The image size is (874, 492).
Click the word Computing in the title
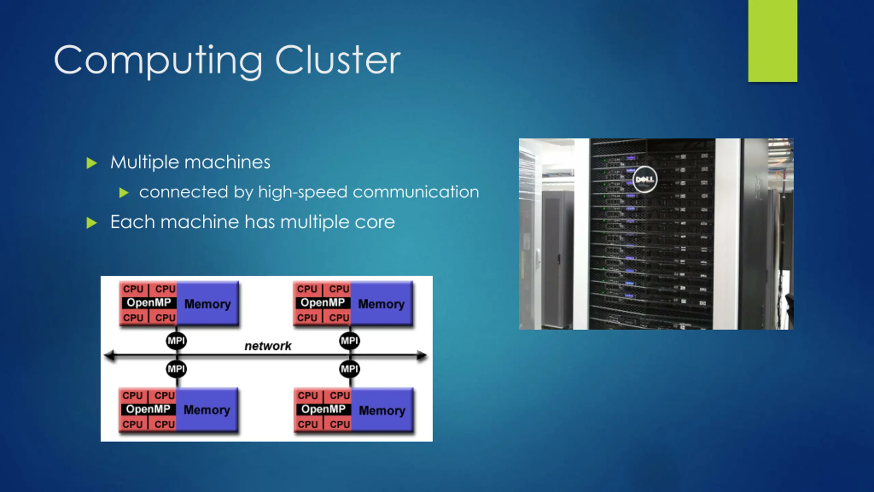point(158,61)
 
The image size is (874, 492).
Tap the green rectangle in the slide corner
point(773,41)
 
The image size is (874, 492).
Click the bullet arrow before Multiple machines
point(91,163)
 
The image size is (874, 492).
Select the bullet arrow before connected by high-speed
point(124,193)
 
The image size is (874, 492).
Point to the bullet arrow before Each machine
point(91,223)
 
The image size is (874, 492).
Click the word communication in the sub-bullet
point(416,192)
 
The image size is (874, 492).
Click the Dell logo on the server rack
point(645,179)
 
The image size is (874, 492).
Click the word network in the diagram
point(268,346)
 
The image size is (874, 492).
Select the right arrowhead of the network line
point(422,356)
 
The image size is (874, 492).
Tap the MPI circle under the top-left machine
point(176,341)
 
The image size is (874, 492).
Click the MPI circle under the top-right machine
point(350,341)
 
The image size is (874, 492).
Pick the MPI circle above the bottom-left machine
point(176,369)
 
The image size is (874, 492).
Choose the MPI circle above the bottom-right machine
point(350,369)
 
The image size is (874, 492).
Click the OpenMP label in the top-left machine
point(149,303)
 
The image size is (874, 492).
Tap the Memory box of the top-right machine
point(382,303)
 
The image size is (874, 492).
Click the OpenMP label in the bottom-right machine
point(324,409)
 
